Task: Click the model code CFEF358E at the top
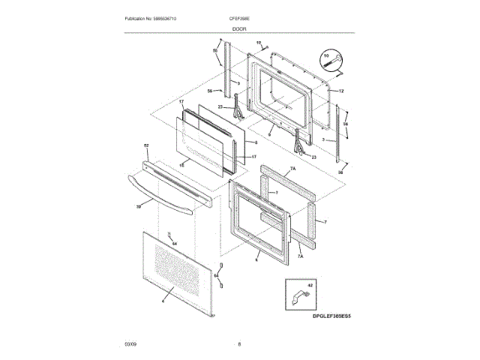pos(239,17)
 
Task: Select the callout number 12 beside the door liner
pos(340,91)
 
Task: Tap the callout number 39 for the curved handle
pos(139,205)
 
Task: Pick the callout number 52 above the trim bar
pos(146,145)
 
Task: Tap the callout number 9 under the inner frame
pos(268,113)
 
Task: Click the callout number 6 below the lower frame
pos(256,260)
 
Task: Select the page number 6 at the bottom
pos(239,344)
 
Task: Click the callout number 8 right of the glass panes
pos(256,142)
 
